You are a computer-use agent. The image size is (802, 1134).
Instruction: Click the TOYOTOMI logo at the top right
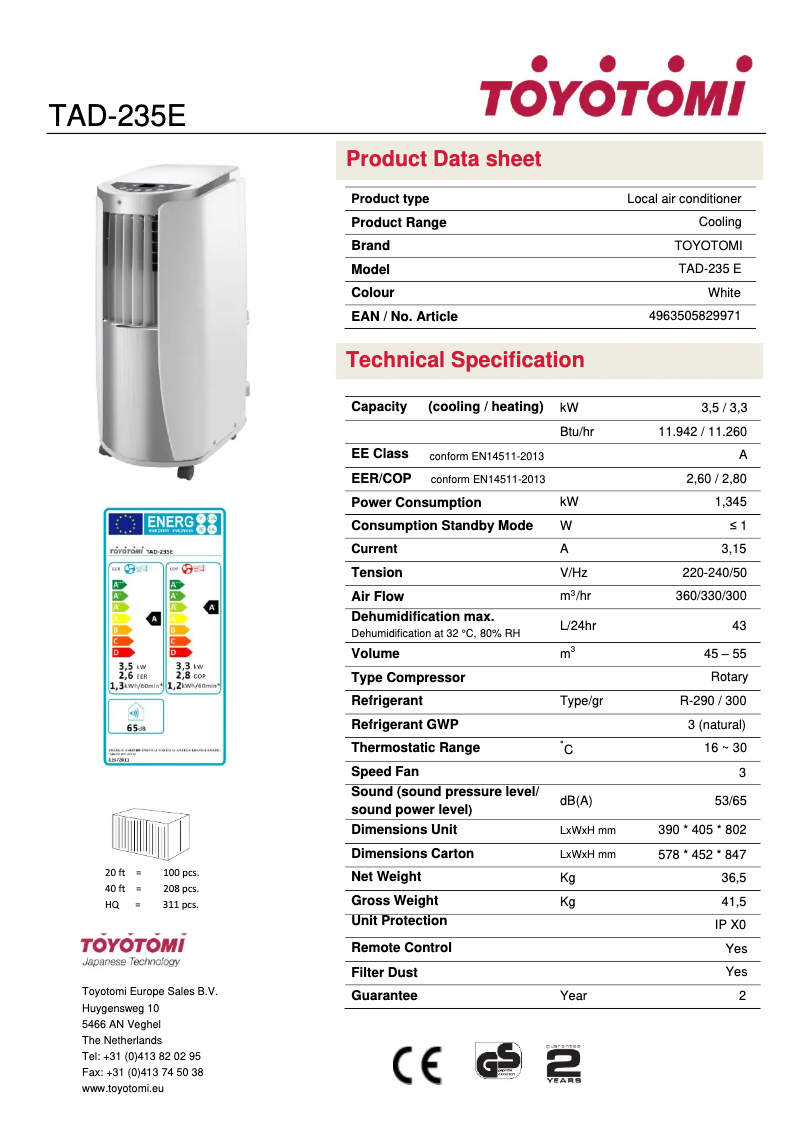coord(612,90)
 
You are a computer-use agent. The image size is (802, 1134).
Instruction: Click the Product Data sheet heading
coord(443,159)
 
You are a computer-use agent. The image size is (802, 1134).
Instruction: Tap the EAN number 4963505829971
coord(695,316)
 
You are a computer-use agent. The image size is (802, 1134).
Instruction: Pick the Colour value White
coord(724,293)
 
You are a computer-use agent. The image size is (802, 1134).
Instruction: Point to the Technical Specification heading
coord(465,360)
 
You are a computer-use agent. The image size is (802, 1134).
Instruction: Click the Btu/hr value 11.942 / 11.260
coord(702,432)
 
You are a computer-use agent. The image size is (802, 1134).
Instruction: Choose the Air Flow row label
coord(378,596)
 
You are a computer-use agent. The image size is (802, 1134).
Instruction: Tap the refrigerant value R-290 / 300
coord(712,701)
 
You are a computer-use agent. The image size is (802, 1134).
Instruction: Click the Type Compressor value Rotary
coord(728,677)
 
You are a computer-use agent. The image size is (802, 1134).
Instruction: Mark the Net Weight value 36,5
coord(732,878)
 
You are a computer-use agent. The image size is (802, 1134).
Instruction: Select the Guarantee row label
coord(384,996)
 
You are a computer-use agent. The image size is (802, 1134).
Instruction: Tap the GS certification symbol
coord(498,1062)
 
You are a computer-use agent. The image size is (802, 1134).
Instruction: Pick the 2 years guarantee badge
coord(563,1064)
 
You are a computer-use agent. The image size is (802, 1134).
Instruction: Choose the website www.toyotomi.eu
coord(122,1088)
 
